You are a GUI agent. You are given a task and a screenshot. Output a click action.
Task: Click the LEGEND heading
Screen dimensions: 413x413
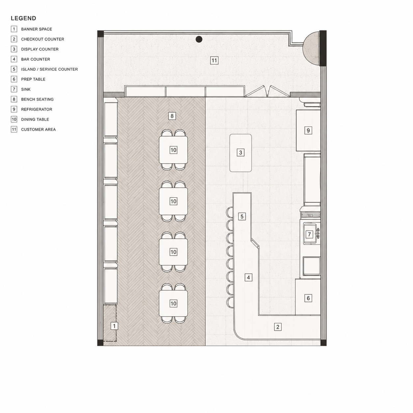point(23,18)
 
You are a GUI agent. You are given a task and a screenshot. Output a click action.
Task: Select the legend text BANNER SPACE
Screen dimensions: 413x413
point(37,29)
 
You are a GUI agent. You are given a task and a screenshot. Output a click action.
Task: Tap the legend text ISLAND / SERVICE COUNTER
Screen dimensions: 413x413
point(49,69)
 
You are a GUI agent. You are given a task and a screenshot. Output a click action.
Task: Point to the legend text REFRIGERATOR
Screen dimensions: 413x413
point(37,109)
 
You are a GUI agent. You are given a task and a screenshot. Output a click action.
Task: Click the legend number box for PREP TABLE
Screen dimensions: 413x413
point(14,79)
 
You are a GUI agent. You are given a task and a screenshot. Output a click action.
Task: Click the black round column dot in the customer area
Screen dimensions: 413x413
point(199,39)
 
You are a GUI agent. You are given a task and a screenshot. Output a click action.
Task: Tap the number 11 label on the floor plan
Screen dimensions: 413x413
point(214,61)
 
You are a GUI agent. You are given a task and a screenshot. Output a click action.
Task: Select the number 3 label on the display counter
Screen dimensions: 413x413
point(240,152)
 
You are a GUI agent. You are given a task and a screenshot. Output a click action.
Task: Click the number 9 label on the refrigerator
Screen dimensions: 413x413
point(308,130)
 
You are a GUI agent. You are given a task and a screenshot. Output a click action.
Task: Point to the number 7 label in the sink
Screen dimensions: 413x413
point(309,234)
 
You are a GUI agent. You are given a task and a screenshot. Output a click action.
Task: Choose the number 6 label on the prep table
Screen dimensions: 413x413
point(308,298)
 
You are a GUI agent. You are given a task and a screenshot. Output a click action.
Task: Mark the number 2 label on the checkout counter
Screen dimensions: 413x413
point(278,327)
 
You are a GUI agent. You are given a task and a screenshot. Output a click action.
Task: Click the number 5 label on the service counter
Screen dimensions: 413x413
point(242,216)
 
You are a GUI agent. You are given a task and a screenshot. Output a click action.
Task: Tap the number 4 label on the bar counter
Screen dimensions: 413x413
point(248,278)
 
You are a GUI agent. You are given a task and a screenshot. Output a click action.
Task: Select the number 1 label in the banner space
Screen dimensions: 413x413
point(114,326)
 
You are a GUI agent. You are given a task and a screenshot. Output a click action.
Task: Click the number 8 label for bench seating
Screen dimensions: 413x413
point(172,116)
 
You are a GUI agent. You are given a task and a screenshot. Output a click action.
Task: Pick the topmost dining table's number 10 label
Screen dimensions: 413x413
point(173,150)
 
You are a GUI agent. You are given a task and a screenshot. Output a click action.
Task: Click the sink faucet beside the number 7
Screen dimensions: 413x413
point(318,234)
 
